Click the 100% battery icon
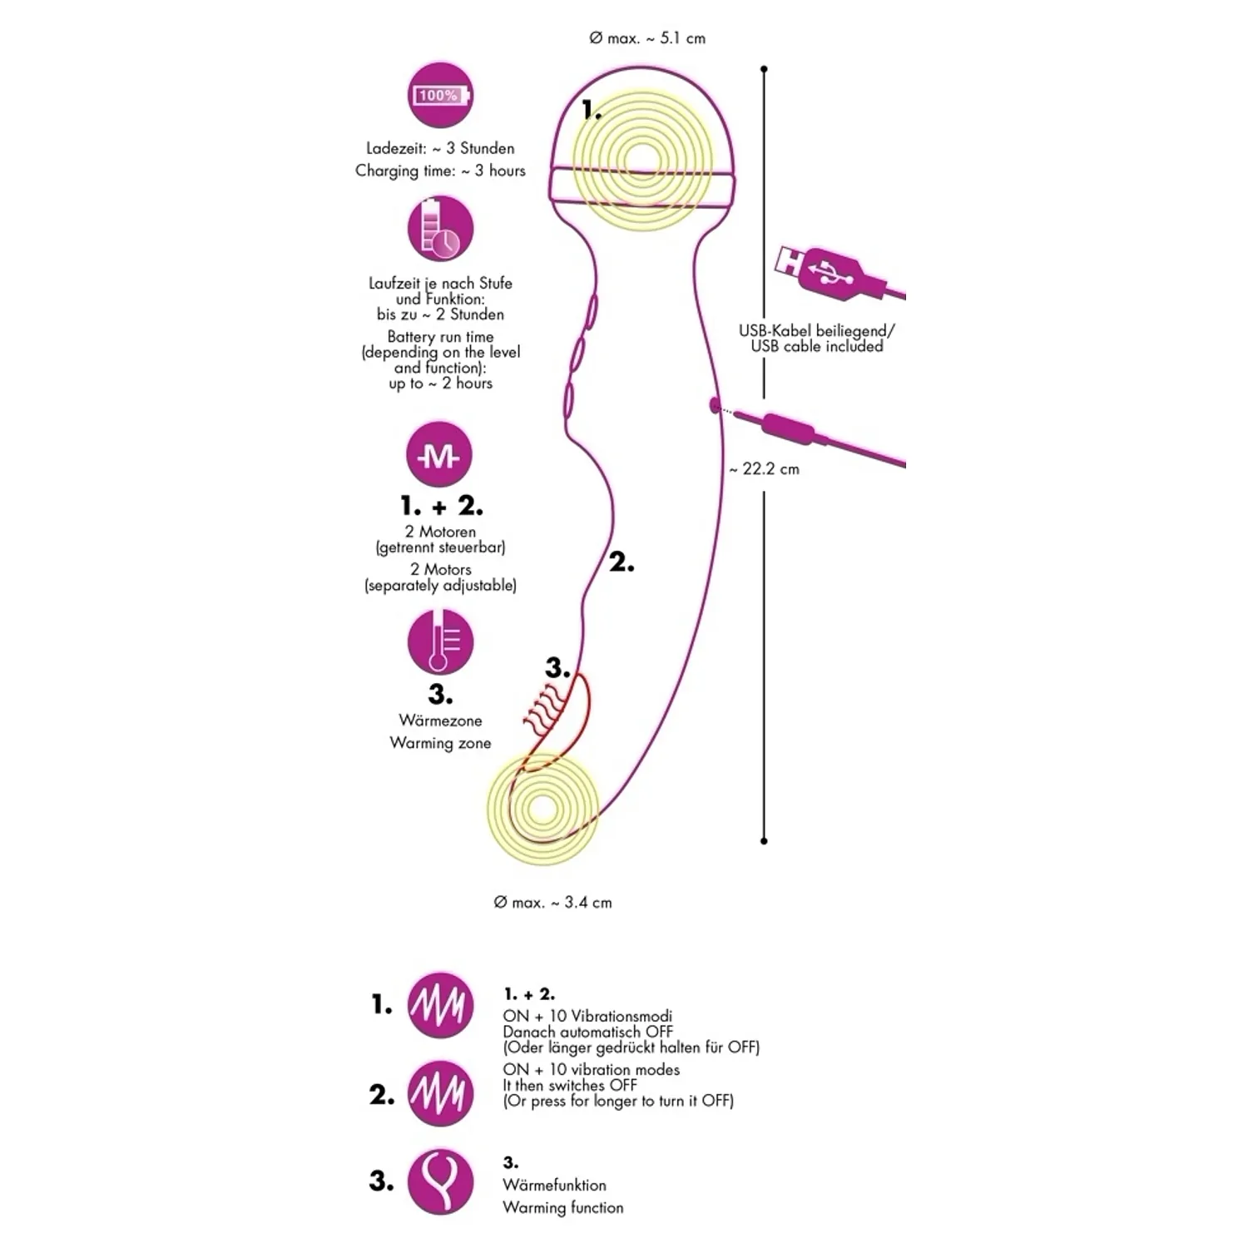pos(440,96)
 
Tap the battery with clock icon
pos(440,229)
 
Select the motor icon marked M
pos(438,455)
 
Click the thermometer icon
pos(440,641)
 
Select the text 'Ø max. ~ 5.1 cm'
pos(647,38)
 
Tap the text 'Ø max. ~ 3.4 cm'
pos(552,903)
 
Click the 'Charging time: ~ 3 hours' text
pos(440,171)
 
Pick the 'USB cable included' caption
pos(817,346)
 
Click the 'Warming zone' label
pos(440,743)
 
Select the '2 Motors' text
pos(440,570)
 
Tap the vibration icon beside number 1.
pos(440,1005)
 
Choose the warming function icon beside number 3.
pos(440,1182)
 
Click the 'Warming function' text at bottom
pos(562,1207)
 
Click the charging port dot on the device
pos(714,406)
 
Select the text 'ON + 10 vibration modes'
pos(591,1070)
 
